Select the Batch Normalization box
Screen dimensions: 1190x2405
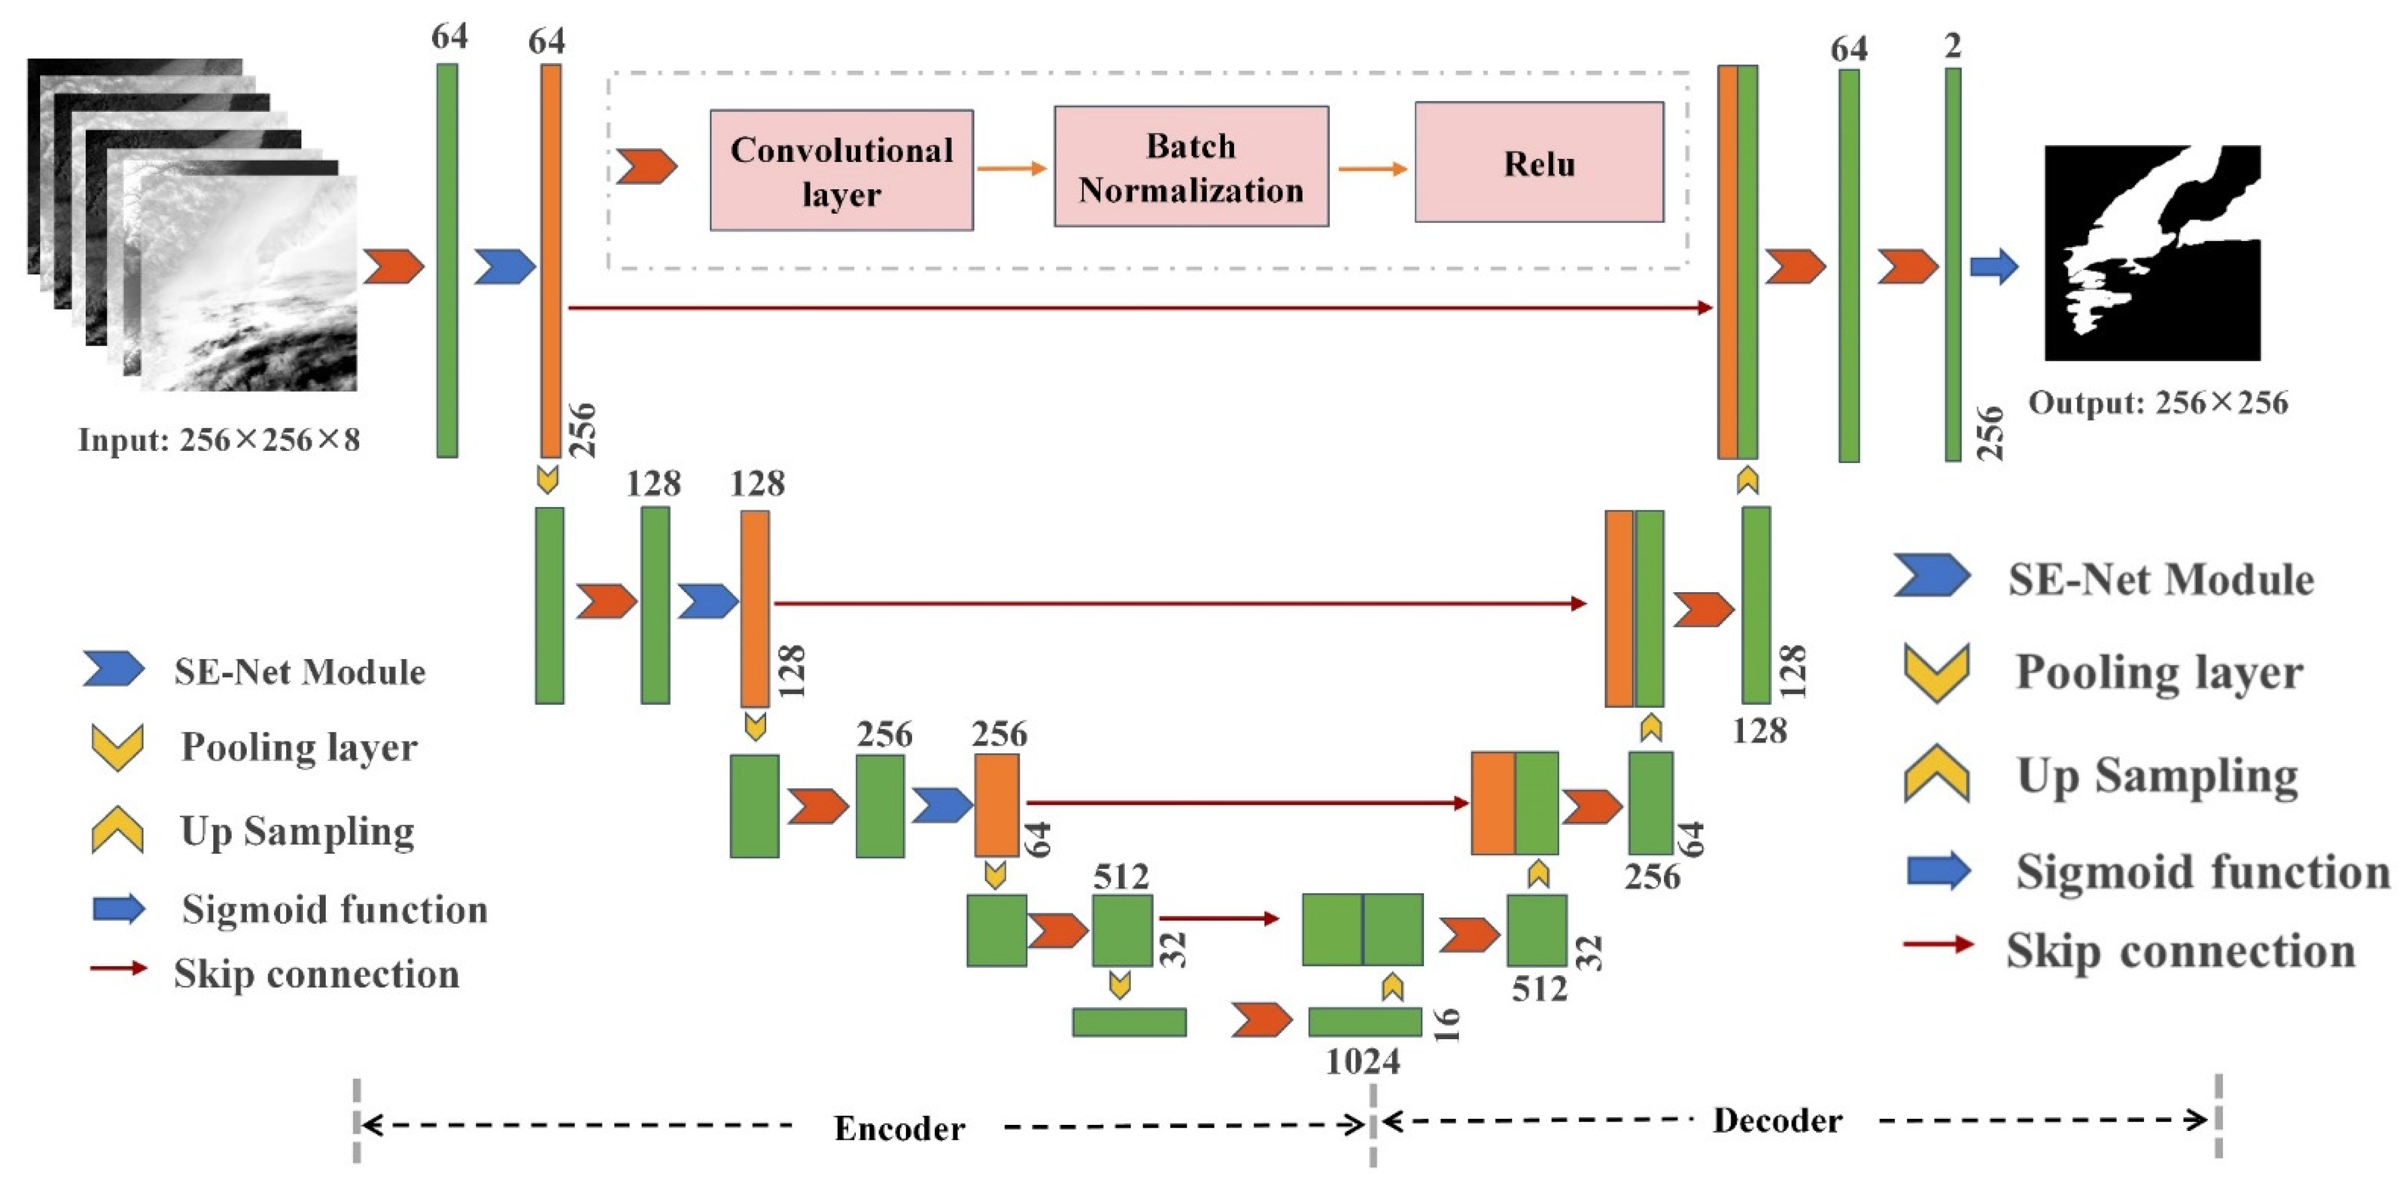pos(1191,167)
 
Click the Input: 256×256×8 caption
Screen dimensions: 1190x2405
pos(218,440)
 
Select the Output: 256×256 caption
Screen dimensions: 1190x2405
pos(2158,403)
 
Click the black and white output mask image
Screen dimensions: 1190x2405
pos(2152,253)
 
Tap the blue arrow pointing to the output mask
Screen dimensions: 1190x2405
pos(1993,267)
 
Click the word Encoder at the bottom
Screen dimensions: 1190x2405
pos(898,1128)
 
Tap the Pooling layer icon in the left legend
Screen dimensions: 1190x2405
pos(117,746)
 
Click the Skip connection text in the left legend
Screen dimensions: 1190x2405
pos(316,973)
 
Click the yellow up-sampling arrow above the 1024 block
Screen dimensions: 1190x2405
pos(1392,986)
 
